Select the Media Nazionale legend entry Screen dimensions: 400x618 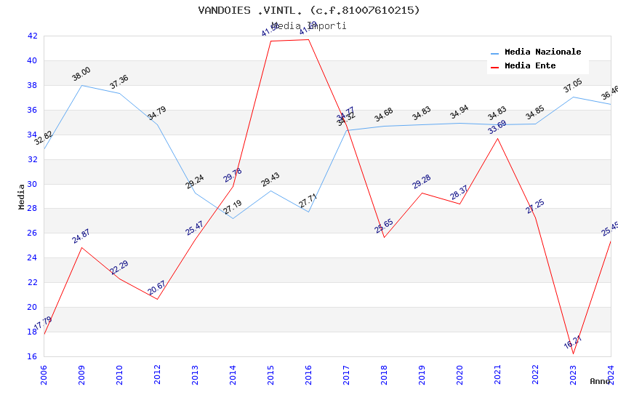click(542, 52)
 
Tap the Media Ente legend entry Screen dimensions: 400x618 click(529, 66)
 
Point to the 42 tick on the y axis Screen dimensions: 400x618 click(32, 36)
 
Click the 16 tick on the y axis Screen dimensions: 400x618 click(32, 356)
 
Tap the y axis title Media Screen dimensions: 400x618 click(22, 196)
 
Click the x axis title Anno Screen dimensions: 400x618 click(600, 381)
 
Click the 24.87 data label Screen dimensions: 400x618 click(81, 236)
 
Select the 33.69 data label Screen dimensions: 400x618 click(497, 127)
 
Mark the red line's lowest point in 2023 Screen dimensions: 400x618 click(573, 354)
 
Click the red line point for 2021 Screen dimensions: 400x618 click(497, 138)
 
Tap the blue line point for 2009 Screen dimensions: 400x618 click(81, 85)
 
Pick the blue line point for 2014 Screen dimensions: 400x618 click(233, 218)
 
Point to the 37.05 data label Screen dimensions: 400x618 click(573, 87)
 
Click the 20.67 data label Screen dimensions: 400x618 click(156, 288)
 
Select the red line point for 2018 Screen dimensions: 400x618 click(384, 237)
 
